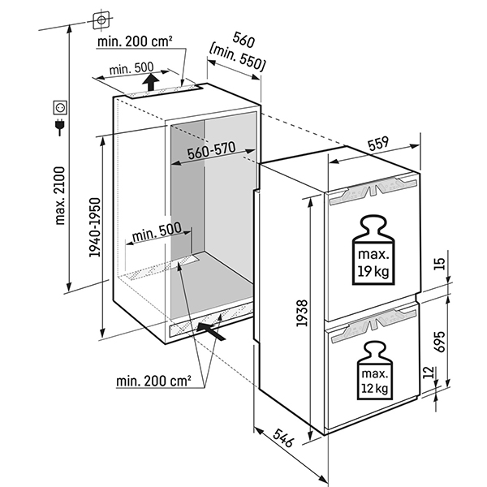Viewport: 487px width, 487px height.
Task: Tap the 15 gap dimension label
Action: (x=438, y=265)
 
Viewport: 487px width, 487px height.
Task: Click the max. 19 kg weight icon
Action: (x=370, y=251)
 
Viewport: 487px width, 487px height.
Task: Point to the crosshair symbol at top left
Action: (x=101, y=18)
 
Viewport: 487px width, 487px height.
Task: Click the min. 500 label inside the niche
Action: (x=158, y=231)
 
